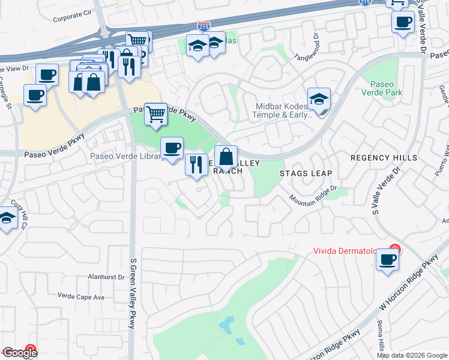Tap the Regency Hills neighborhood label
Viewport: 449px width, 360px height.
click(x=384, y=157)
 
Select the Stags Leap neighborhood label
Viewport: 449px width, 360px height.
click(x=306, y=173)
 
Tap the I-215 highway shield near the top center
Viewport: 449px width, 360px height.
click(x=203, y=26)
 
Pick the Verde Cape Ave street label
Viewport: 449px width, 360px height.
click(x=81, y=296)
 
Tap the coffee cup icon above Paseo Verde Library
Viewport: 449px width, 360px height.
click(x=172, y=148)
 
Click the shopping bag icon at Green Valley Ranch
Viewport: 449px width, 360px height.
click(x=226, y=158)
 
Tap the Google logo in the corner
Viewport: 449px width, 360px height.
click(x=19, y=353)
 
